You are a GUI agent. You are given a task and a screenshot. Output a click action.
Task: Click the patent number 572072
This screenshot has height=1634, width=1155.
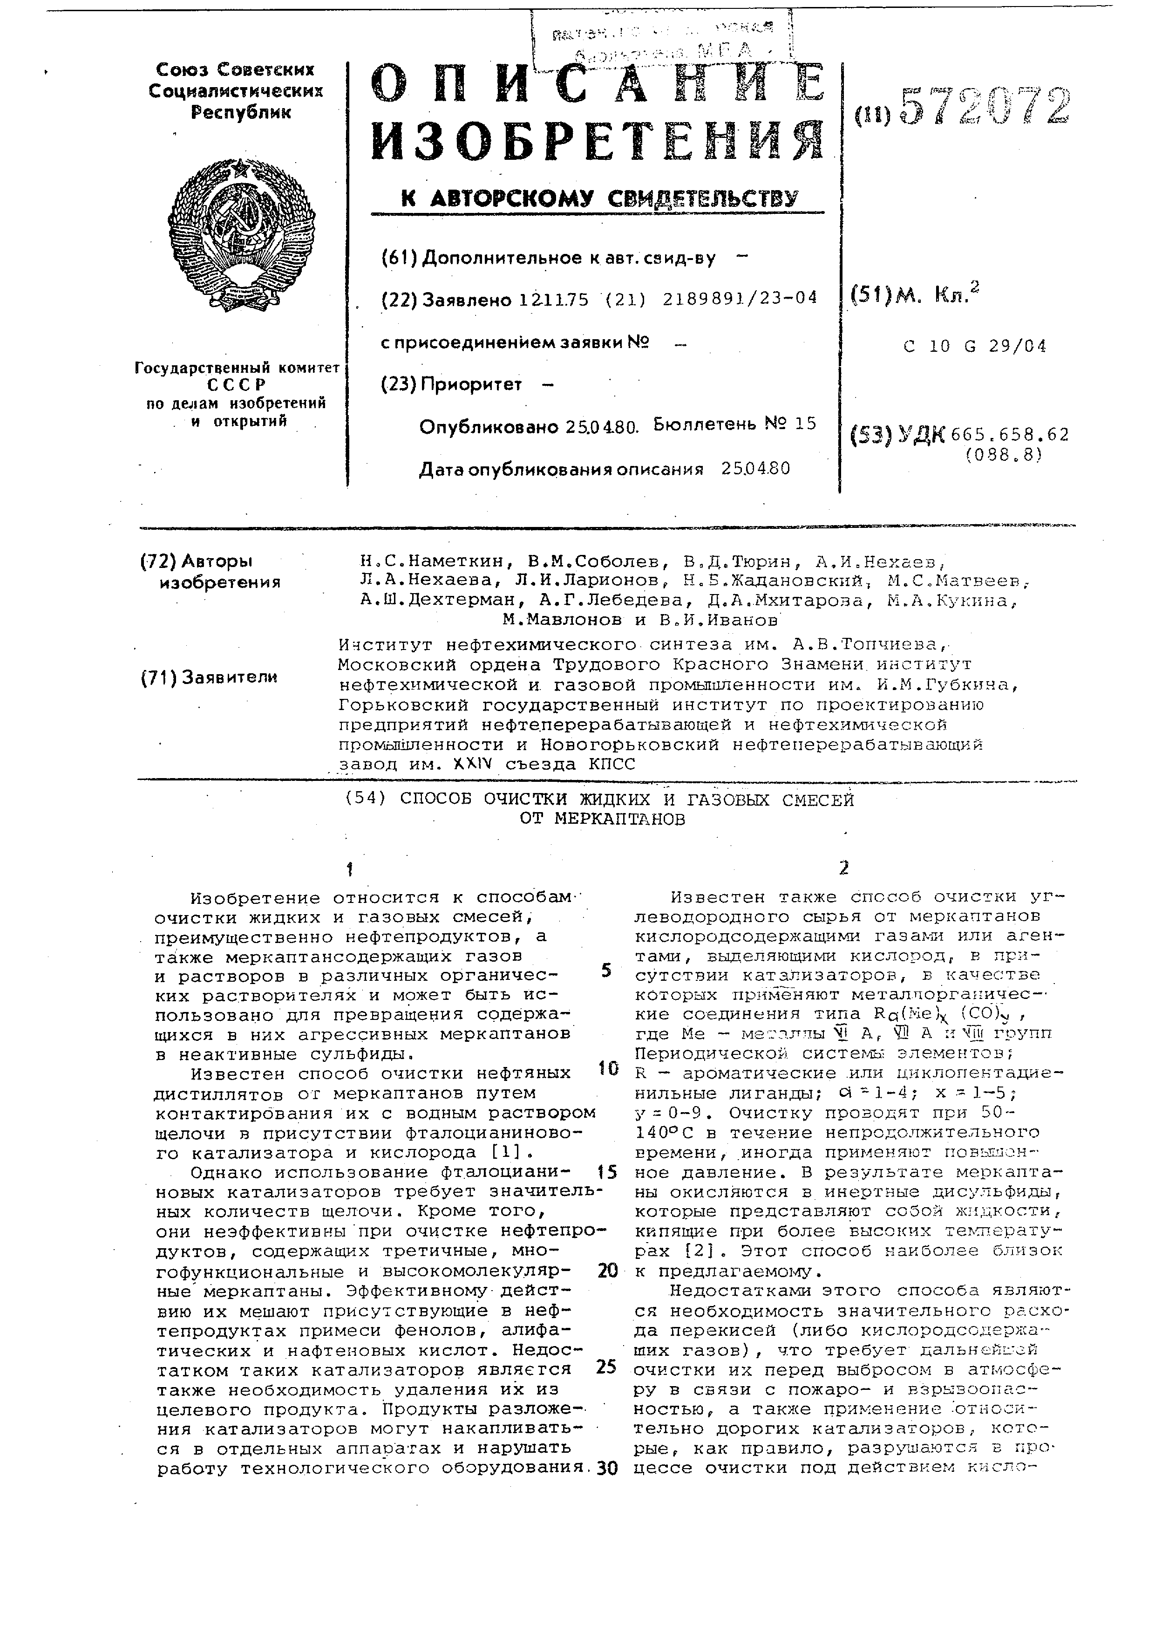(x=985, y=108)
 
